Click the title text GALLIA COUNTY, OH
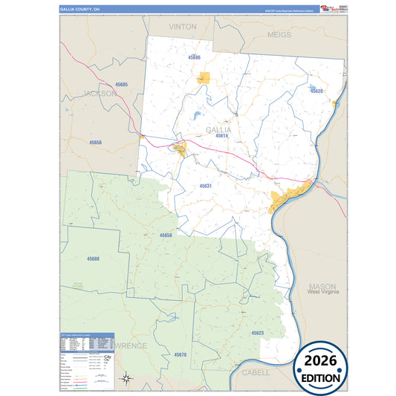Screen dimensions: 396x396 (79, 10)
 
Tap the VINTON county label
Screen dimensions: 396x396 (183, 26)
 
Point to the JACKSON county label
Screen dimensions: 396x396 (100, 94)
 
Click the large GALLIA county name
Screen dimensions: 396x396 (218, 129)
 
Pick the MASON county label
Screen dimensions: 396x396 (322, 286)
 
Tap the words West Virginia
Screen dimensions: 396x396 (323, 293)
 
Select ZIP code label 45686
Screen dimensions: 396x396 (195, 57)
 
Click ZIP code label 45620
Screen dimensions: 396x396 (317, 91)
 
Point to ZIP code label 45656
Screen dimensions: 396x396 (95, 142)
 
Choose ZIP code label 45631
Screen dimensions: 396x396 (206, 186)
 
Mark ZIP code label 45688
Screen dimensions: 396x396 (93, 259)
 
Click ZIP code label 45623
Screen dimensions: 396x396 (257, 332)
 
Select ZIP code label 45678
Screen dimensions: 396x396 (181, 355)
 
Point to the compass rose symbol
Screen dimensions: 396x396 (126, 379)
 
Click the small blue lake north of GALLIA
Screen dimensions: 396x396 (195, 116)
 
